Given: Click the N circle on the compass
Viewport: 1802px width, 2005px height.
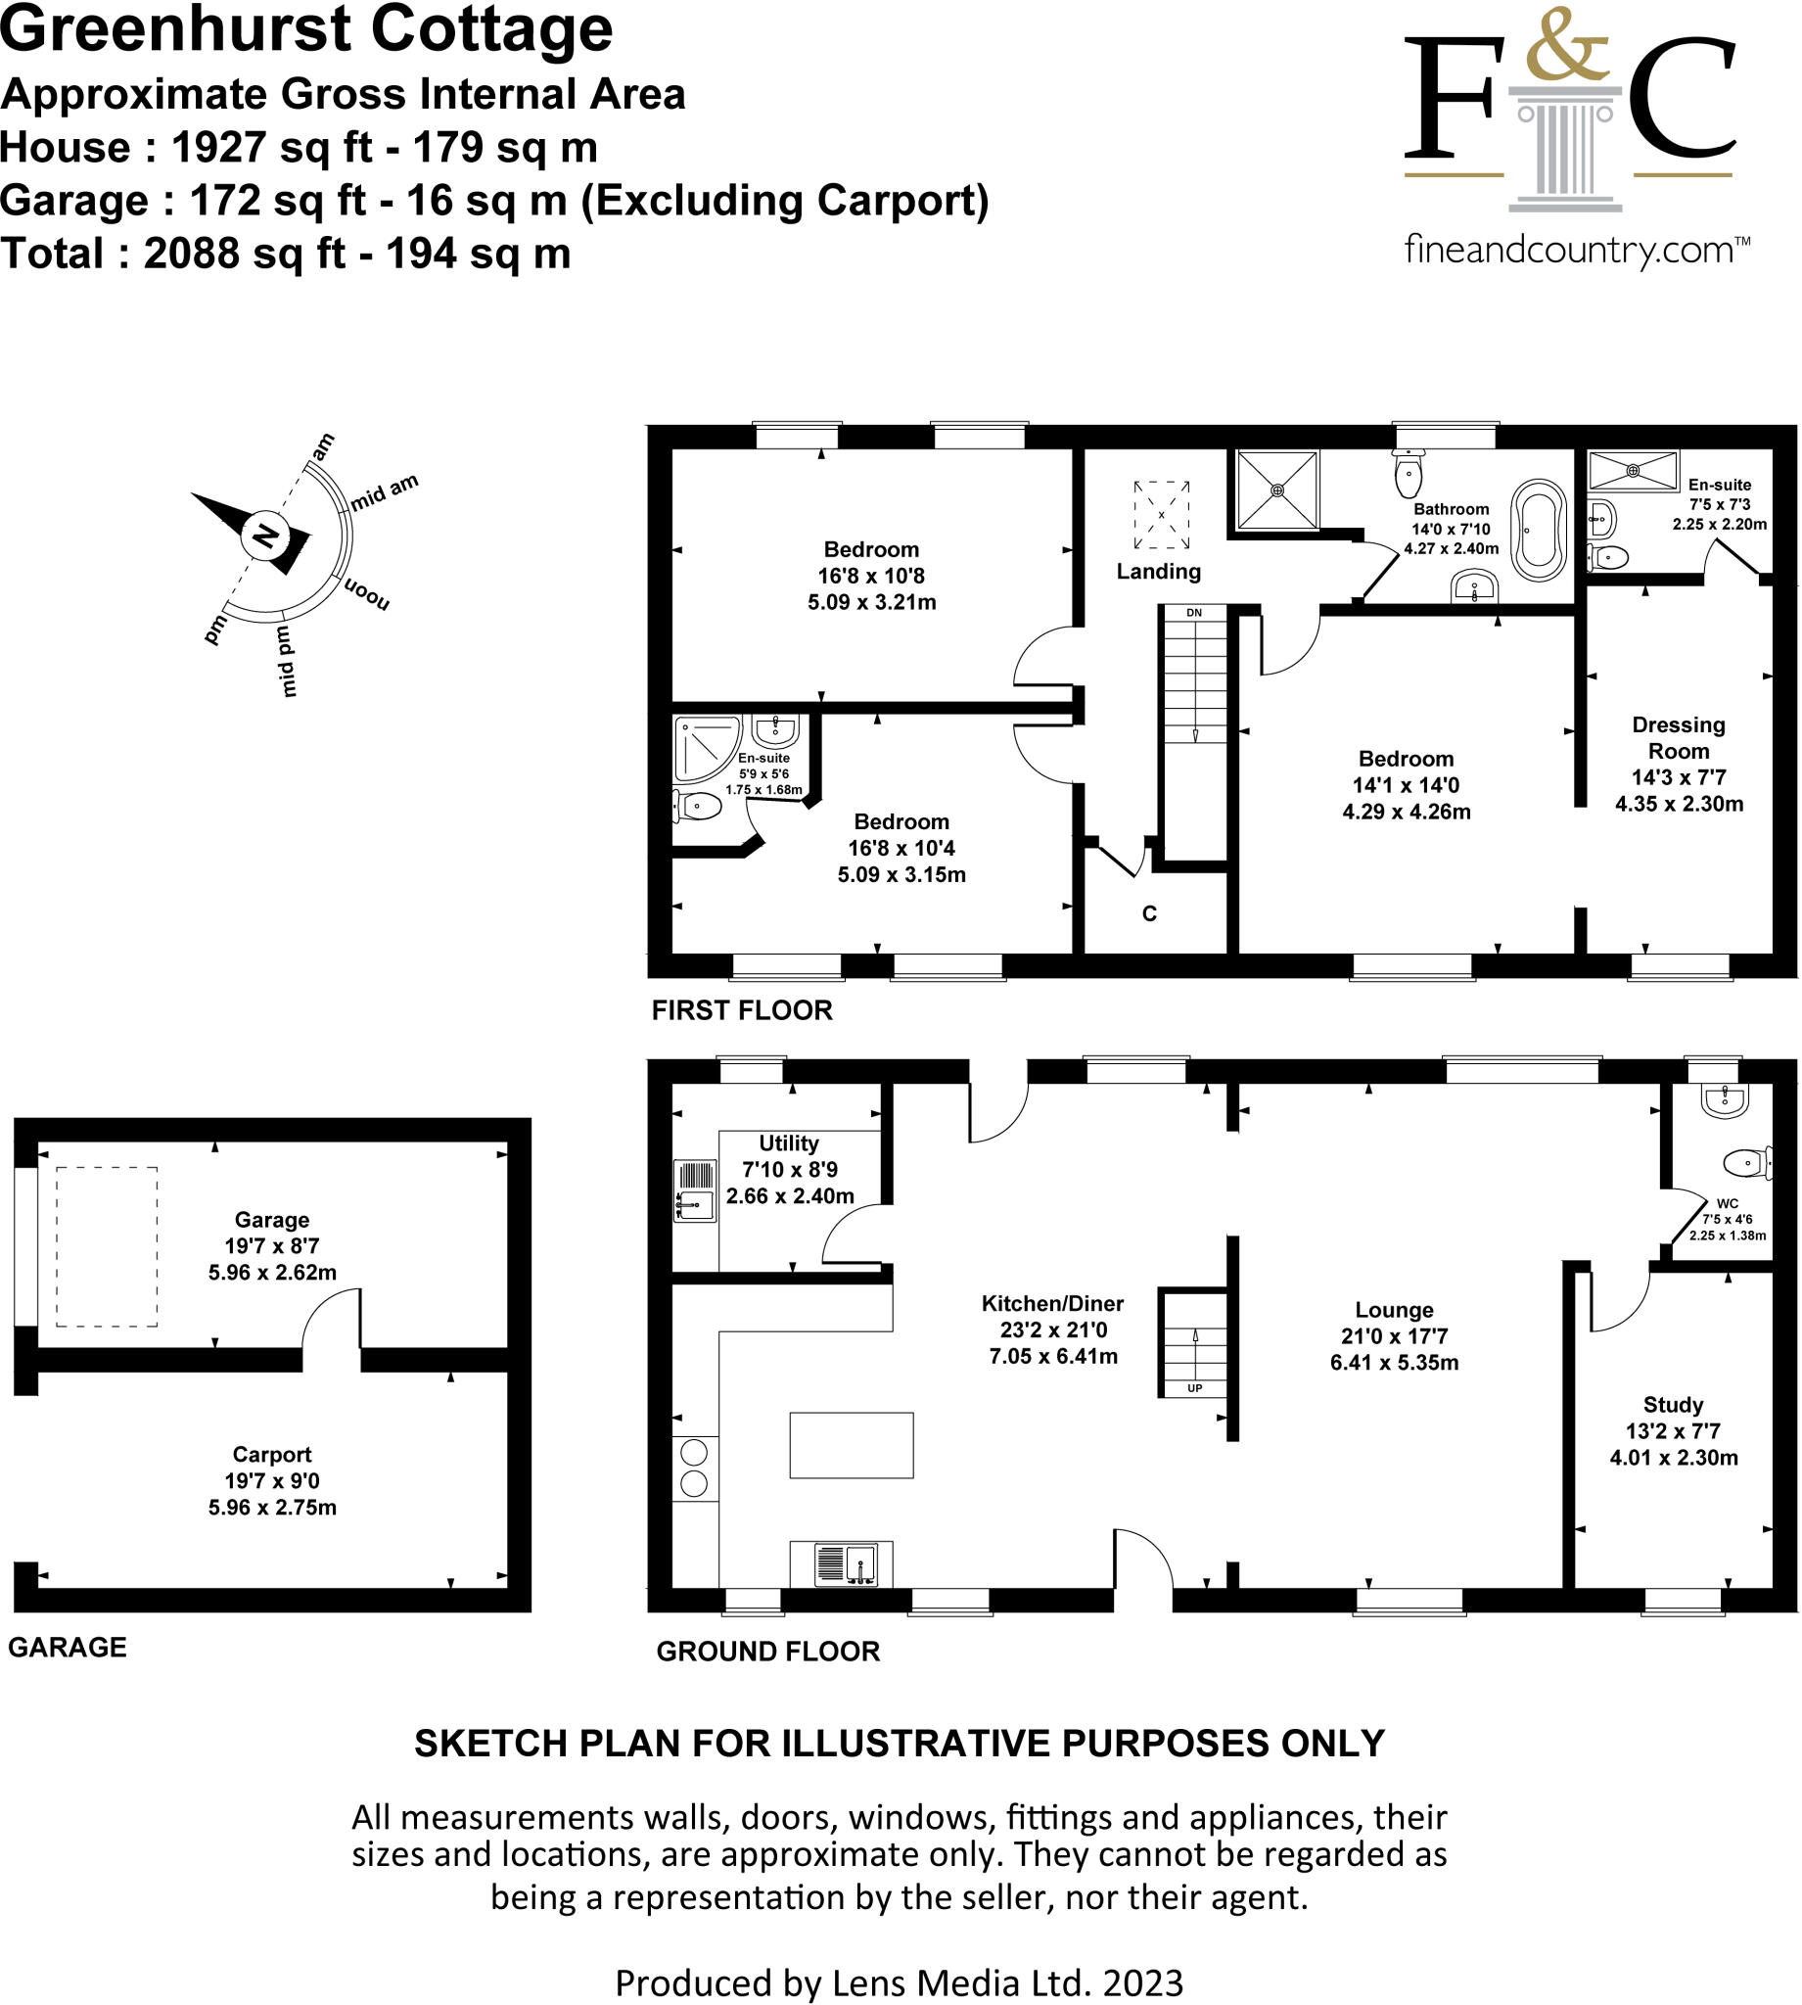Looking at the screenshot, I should coord(264,536).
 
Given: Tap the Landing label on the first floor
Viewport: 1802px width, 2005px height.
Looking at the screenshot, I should coord(1159,572).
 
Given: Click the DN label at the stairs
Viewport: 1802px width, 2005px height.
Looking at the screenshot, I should coord(1194,613).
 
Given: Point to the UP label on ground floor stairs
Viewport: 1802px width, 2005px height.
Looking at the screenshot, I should coord(1194,1388).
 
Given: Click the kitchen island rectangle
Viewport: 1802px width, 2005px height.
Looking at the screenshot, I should coord(852,1446).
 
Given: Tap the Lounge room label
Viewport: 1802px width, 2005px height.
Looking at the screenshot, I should coord(1394,1310).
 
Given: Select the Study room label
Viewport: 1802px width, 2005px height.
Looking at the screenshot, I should coord(1674,1404).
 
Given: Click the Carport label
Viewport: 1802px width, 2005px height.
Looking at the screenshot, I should coord(272,1455).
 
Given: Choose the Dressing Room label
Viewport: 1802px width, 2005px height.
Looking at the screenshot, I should coord(1679,737).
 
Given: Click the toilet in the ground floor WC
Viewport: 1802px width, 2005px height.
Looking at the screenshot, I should coord(1745,1162).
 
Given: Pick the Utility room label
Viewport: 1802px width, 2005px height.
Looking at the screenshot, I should coord(789,1143).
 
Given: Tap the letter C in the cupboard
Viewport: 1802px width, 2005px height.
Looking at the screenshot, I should coord(1149,913).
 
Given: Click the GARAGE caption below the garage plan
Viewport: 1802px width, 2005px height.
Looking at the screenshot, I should coord(68,1648).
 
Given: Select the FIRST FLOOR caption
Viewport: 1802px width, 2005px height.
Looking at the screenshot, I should coord(742,1010).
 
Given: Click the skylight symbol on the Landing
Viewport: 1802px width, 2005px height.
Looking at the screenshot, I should coord(1162,515).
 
